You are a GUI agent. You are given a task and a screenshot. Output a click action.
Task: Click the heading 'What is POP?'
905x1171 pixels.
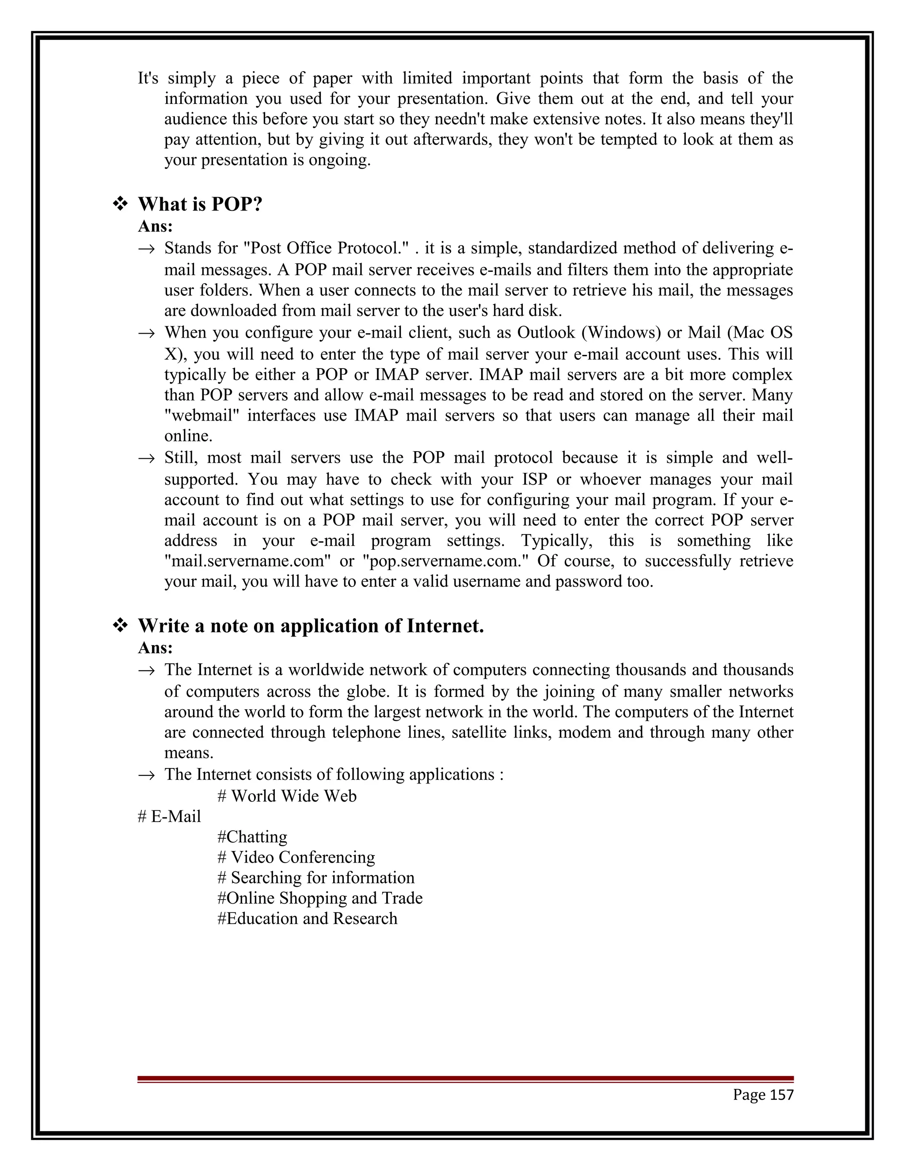(200, 204)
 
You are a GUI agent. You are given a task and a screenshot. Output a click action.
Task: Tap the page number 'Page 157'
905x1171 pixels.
(763, 1094)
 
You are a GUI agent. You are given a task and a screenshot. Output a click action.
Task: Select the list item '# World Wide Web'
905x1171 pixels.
(287, 796)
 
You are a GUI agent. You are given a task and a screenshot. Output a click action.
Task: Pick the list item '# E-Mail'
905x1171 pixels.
(169, 816)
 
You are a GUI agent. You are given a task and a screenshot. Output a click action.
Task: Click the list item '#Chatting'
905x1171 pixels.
(252, 836)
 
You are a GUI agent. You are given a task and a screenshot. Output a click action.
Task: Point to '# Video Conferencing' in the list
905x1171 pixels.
(296, 857)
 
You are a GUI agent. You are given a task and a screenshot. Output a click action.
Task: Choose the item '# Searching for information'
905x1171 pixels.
(316, 877)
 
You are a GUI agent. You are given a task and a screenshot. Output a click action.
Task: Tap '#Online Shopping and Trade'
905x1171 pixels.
(319, 897)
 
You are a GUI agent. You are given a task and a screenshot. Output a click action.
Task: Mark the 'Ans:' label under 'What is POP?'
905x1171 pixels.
(156, 227)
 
